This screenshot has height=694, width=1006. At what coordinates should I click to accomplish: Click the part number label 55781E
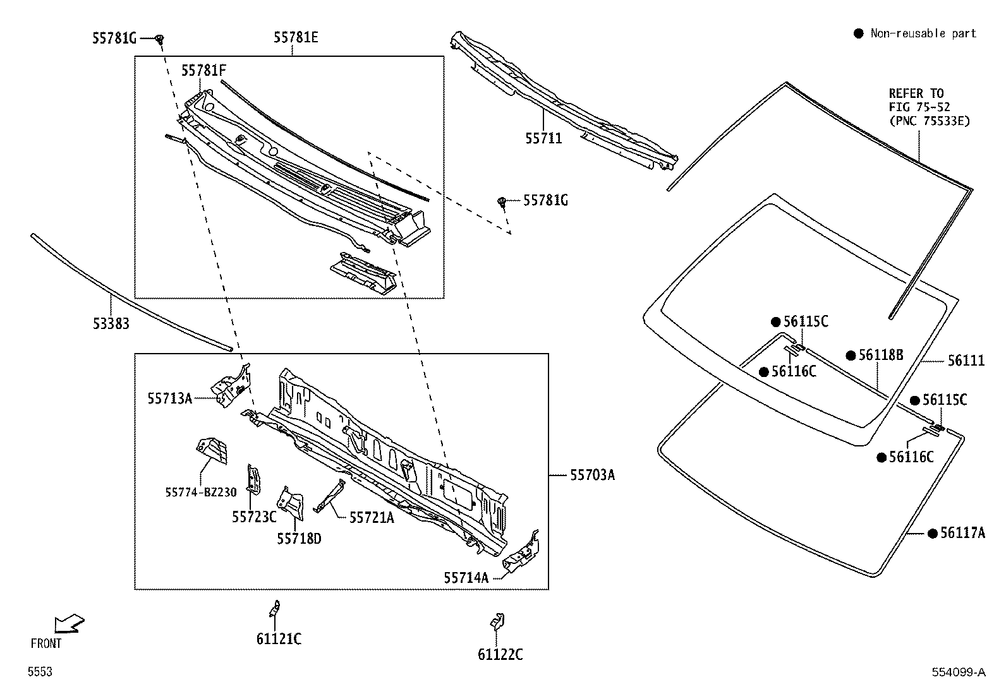point(296,38)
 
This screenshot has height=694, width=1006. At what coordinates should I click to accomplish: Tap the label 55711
point(543,138)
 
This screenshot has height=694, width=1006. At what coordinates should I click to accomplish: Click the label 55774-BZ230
point(201,493)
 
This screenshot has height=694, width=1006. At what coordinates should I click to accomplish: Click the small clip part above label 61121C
point(275,608)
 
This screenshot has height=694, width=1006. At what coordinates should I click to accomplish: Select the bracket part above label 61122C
point(497,621)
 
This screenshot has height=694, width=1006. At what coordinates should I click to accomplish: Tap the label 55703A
point(592,475)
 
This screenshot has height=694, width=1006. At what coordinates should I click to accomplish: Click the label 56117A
point(962,533)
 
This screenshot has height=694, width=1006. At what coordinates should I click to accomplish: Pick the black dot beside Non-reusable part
point(858,33)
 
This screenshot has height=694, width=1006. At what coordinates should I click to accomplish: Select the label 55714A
point(466,577)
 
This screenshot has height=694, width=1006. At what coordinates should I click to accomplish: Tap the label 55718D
point(299,539)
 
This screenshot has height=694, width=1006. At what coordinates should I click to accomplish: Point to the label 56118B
point(880,356)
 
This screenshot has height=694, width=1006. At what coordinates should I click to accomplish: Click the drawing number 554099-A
point(958,673)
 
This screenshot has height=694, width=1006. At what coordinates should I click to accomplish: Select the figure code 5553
point(39,673)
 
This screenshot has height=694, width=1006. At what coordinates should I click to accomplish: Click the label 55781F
point(203,71)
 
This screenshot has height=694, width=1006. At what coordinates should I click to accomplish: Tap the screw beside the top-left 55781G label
point(160,40)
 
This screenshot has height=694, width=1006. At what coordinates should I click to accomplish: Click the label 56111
point(966,361)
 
